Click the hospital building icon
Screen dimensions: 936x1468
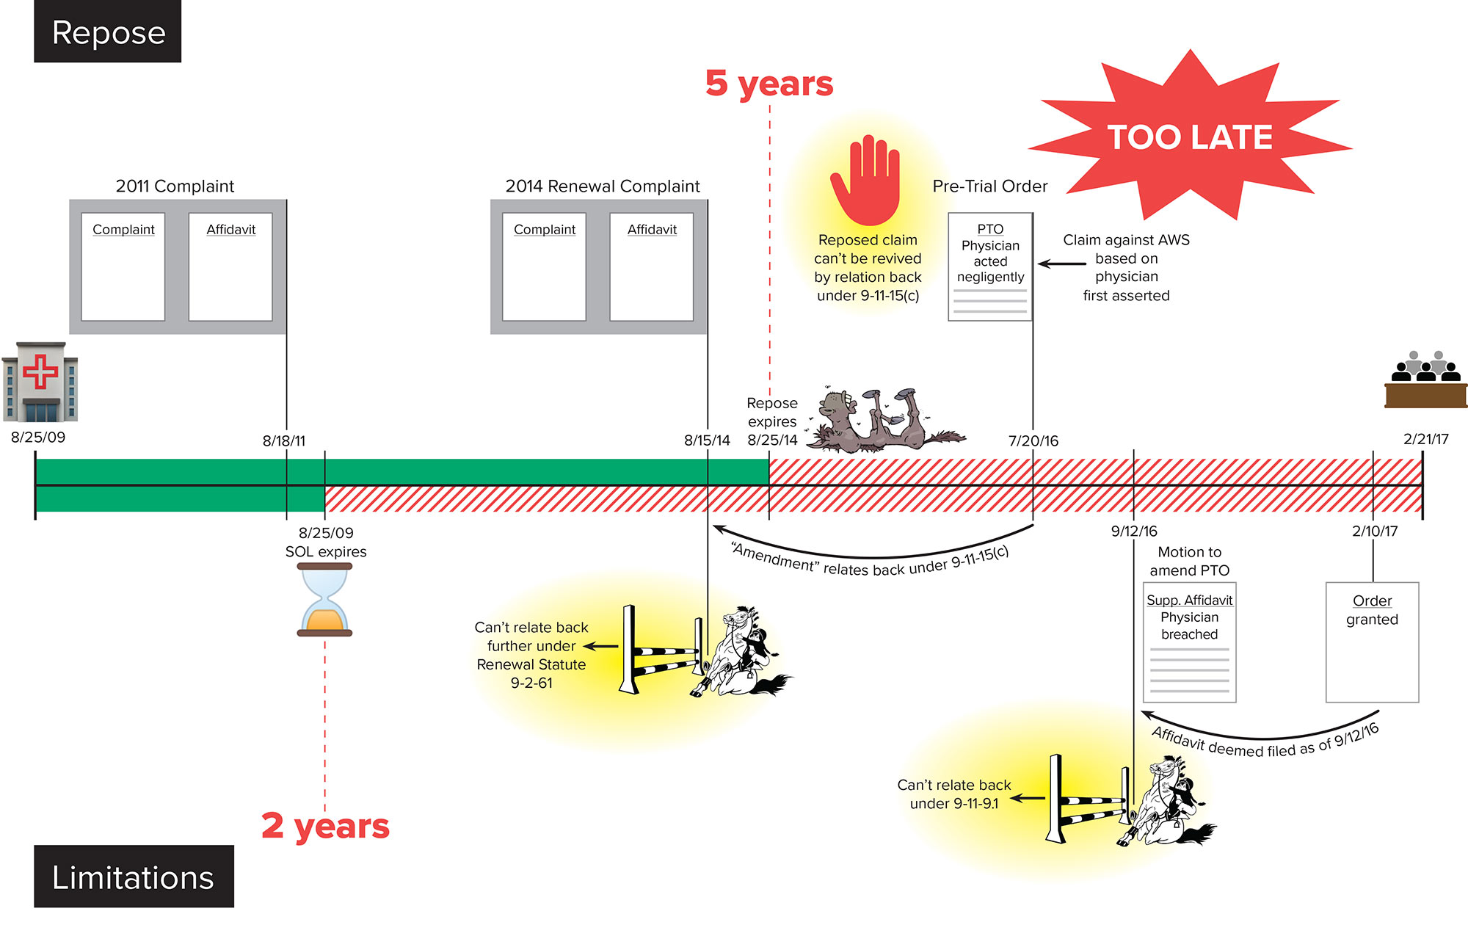pyautogui.click(x=40, y=382)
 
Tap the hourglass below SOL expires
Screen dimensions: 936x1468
pyautogui.click(x=324, y=599)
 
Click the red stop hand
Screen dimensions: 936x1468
pyautogui.click(x=866, y=181)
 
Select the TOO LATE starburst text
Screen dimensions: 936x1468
pyautogui.click(x=1190, y=137)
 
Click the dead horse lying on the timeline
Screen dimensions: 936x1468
pyautogui.click(x=881, y=421)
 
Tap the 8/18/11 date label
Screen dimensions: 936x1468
pyautogui.click(x=284, y=440)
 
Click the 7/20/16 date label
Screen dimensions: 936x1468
pyautogui.click(x=1033, y=440)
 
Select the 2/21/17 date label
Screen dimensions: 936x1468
pyautogui.click(x=1425, y=439)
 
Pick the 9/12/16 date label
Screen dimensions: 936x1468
pyautogui.click(x=1134, y=531)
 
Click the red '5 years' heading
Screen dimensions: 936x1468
pyautogui.click(x=769, y=84)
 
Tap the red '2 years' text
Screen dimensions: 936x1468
pyautogui.click(x=325, y=826)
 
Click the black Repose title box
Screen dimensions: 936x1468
pyautogui.click(x=108, y=32)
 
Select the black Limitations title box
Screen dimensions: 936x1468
pyautogui.click(x=134, y=877)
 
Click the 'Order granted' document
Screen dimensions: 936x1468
pyautogui.click(x=1372, y=642)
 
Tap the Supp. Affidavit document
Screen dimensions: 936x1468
pyautogui.click(x=1189, y=642)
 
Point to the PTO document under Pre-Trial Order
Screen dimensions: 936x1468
pyautogui.click(x=990, y=266)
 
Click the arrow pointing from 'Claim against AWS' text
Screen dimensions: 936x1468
pyautogui.click(x=1061, y=264)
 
